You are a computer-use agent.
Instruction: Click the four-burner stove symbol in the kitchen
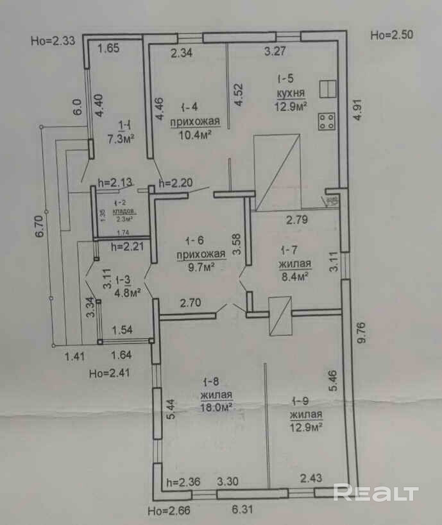tap(326, 121)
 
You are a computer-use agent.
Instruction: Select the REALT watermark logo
tap(377, 493)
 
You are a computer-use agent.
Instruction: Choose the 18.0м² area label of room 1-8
tap(216, 406)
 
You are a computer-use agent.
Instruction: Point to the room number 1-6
tap(194, 241)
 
